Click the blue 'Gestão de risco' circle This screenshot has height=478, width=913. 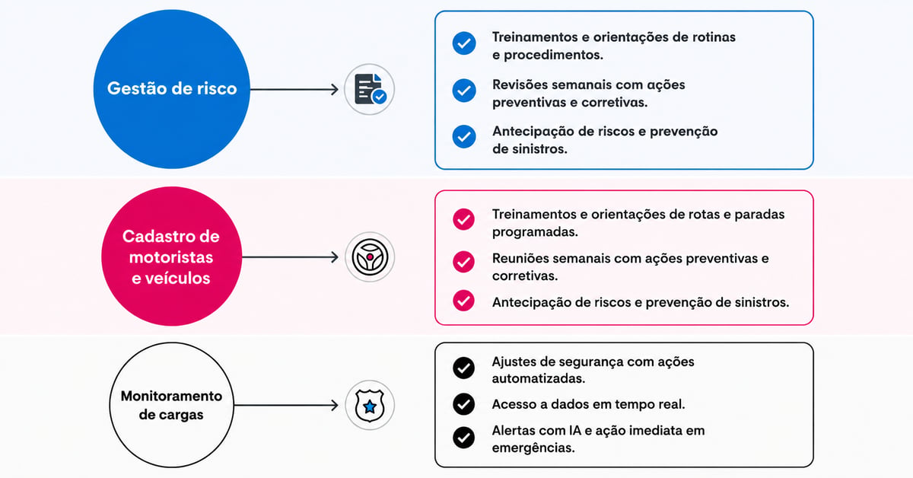click(172, 89)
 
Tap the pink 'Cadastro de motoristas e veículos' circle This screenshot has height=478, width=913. click(172, 257)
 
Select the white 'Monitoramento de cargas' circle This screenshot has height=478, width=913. click(172, 405)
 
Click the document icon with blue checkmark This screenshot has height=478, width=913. click(370, 89)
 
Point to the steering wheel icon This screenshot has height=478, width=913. click(370, 257)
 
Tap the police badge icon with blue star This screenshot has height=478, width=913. click(370, 406)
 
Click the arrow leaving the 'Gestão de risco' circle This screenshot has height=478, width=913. click(294, 89)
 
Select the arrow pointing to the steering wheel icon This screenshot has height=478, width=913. click(290, 257)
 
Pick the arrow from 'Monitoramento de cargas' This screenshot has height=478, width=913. click(286, 405)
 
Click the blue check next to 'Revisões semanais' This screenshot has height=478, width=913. click(464, 91)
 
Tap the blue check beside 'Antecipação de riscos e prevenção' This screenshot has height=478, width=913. click(464, 137)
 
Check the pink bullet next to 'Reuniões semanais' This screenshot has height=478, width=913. click(463, 261)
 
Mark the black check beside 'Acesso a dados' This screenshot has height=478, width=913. click(463, 403)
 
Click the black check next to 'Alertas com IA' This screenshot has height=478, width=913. click(463, 438)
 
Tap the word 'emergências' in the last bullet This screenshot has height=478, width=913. click(533, 448)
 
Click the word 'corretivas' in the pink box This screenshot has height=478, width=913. click(523, 276)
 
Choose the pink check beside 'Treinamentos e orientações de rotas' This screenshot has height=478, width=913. click(463, 219)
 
